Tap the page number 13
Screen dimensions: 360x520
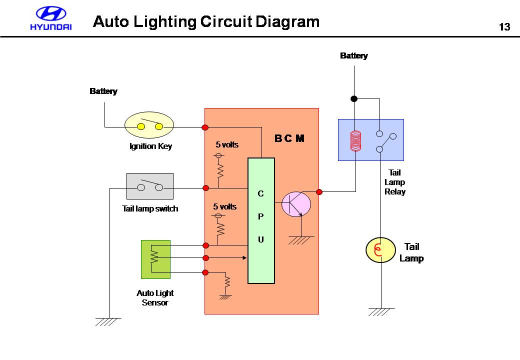(x=504, y=27)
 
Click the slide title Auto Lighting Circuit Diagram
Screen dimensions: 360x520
(x=206, y=22)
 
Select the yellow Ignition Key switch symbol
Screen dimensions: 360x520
(x=149, y=126)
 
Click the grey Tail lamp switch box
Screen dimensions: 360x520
(x=150, y=186)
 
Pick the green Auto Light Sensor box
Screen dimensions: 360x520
(x=155, y=259)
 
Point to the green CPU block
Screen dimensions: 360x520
(x=261, y=220)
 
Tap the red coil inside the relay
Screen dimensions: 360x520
(x=355, y=140)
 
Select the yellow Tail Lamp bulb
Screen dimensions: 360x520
(x=381, y=250)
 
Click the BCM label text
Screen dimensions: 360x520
(x=289, y=138)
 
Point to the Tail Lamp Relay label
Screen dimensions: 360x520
(x=394, y=182)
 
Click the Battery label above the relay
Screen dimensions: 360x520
(x=353, y=55)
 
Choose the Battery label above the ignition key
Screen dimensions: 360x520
(x=103, y=91)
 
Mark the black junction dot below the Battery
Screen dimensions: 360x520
(x=354, y=98)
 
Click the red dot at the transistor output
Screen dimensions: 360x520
(x=319, y=191)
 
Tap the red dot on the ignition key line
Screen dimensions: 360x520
(x=205, y=127)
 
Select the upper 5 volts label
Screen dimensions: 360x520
(x=227, y=145)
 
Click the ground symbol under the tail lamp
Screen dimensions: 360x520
(x=381, y=311)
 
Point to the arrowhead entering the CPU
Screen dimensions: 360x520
(x=245, y=258)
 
